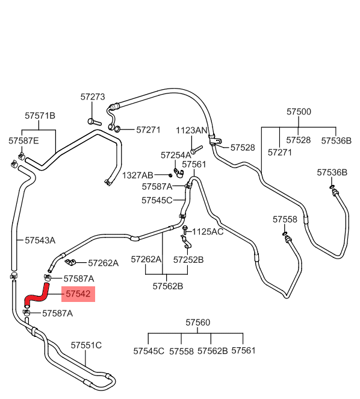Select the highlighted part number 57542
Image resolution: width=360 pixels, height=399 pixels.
(78, 294)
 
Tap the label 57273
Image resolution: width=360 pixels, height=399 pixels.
(93, 96)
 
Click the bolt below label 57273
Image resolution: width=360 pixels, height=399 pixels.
(95, 122)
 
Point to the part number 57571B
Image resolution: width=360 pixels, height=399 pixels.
(40, 116)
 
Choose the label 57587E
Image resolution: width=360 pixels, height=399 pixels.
(23, 140)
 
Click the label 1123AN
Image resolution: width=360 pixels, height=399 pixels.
(191, 131)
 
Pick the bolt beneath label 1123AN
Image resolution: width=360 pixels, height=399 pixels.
(196, 149)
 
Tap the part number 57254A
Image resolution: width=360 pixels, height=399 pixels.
(176, 155)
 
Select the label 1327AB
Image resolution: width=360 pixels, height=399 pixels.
(137, 175)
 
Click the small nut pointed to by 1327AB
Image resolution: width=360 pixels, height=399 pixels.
(170, 175)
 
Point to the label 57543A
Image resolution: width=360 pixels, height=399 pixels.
(40, 240)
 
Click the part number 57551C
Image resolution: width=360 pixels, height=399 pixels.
(86, 345)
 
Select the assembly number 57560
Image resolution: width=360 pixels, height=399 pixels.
(198, 322)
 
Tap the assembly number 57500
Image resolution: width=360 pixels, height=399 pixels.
(299, 112)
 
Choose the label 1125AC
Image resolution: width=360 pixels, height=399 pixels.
(208, 231)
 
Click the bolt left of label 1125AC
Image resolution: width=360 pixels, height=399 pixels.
(185, 230)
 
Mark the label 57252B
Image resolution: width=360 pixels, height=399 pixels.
(188, 260)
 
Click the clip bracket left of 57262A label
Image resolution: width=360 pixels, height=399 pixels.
(70, 262)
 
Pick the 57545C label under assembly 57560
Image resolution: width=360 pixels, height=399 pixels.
(149, 351)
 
